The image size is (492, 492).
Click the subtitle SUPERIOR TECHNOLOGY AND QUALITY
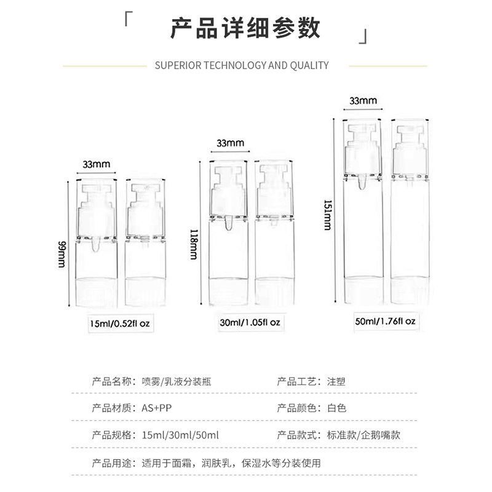242,65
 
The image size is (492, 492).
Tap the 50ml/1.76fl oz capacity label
385,321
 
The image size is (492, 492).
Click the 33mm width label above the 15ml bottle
97,164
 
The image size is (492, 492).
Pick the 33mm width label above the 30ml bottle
230,143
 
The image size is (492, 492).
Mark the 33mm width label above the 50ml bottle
363,100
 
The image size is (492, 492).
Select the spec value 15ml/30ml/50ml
180,435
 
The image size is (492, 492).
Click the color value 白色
337,408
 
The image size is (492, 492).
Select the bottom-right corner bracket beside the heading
364,38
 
